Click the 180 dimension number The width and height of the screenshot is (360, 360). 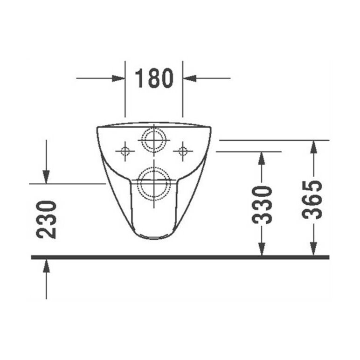154,78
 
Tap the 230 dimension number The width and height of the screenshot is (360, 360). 46,220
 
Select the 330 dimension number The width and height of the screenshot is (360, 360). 262,205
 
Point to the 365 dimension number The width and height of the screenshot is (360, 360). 312,200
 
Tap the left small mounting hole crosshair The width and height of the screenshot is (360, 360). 125,151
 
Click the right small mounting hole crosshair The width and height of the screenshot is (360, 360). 183,151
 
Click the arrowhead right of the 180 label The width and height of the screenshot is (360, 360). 190,78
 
